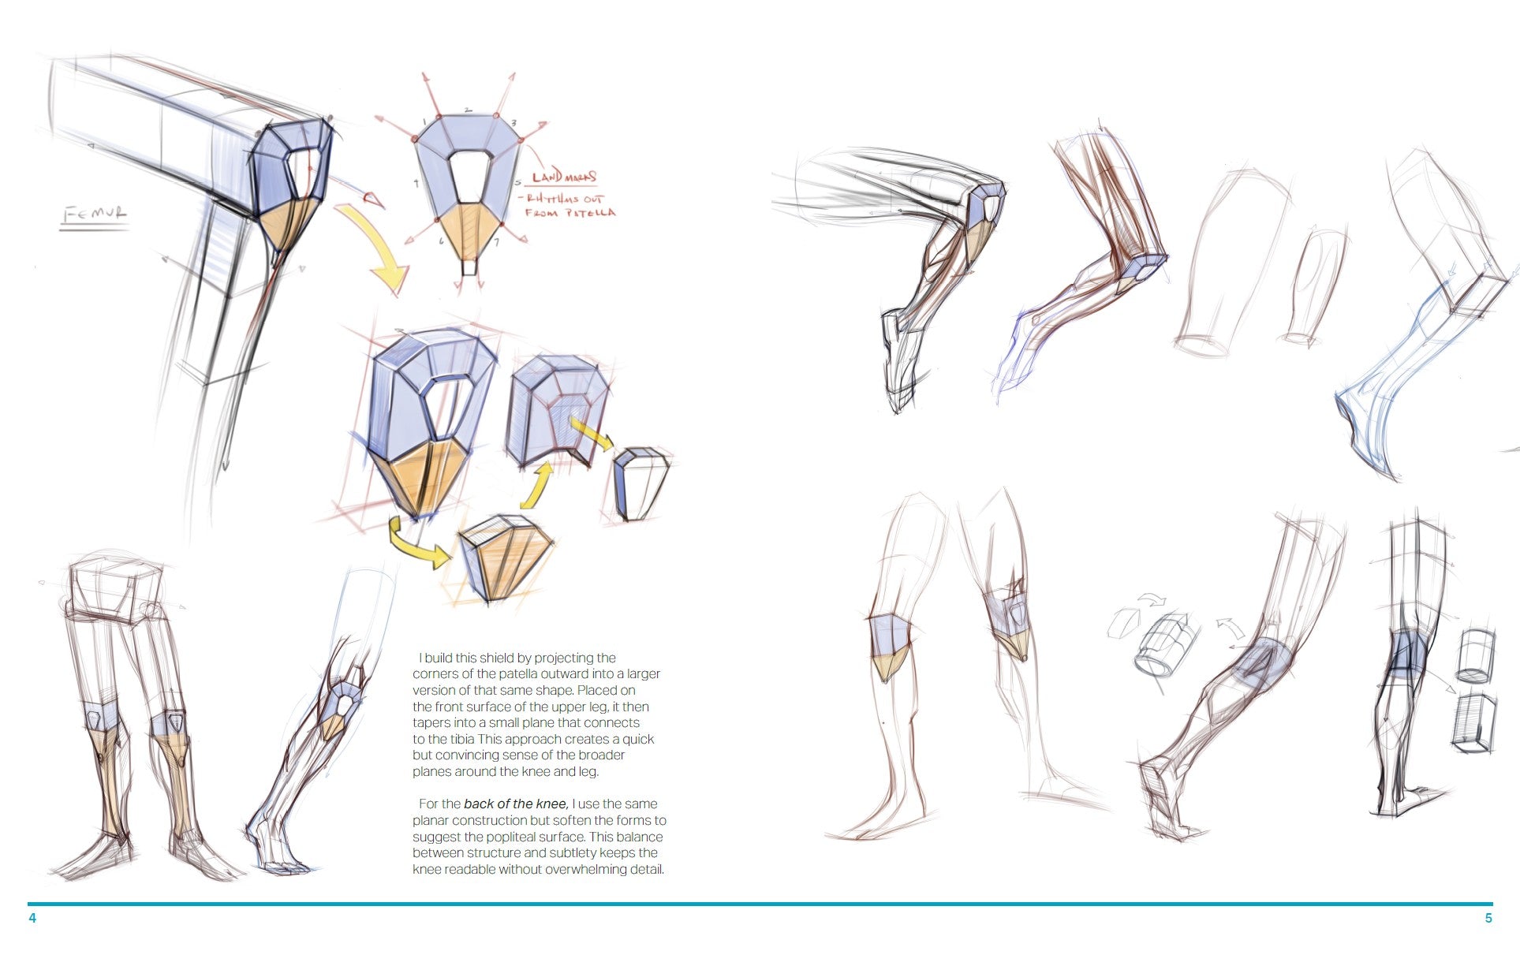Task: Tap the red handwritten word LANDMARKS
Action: pos(564,177)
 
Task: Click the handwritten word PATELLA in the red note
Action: pos(589,213)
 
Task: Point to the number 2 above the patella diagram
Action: pos(467,110)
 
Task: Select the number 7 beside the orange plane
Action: pos(496,242)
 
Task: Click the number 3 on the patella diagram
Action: pos(514,123)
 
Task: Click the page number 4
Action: pos(32,918)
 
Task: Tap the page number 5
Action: pos(1488,918)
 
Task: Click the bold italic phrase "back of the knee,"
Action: pos(516,804)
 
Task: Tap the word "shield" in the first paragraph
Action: pos(495,658)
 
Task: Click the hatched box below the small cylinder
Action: pos(1473,723)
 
